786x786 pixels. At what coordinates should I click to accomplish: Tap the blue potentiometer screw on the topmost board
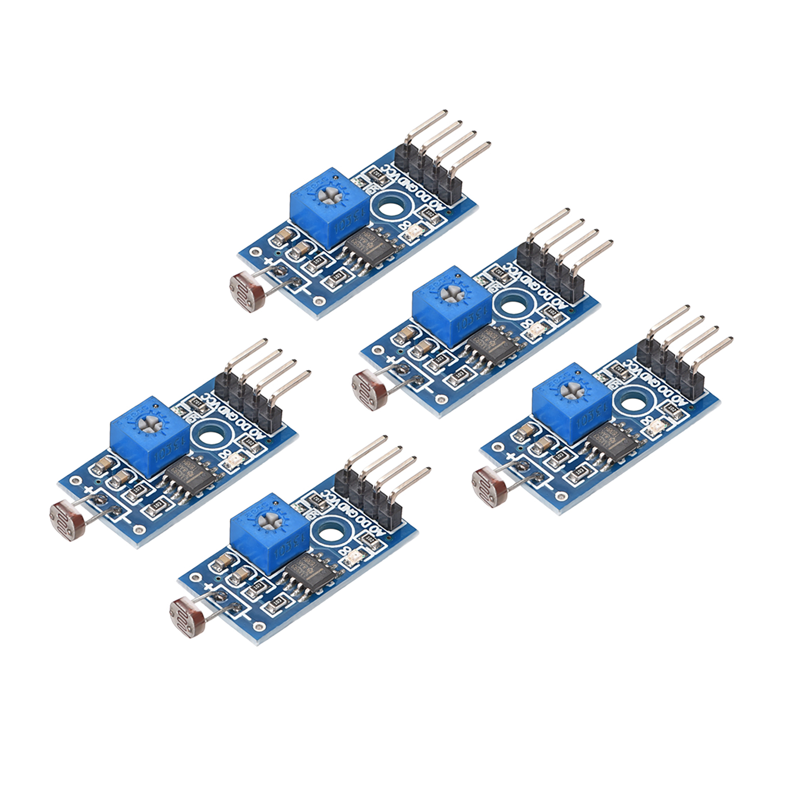click(330, 196)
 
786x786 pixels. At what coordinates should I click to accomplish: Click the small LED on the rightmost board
click(656, 428)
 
